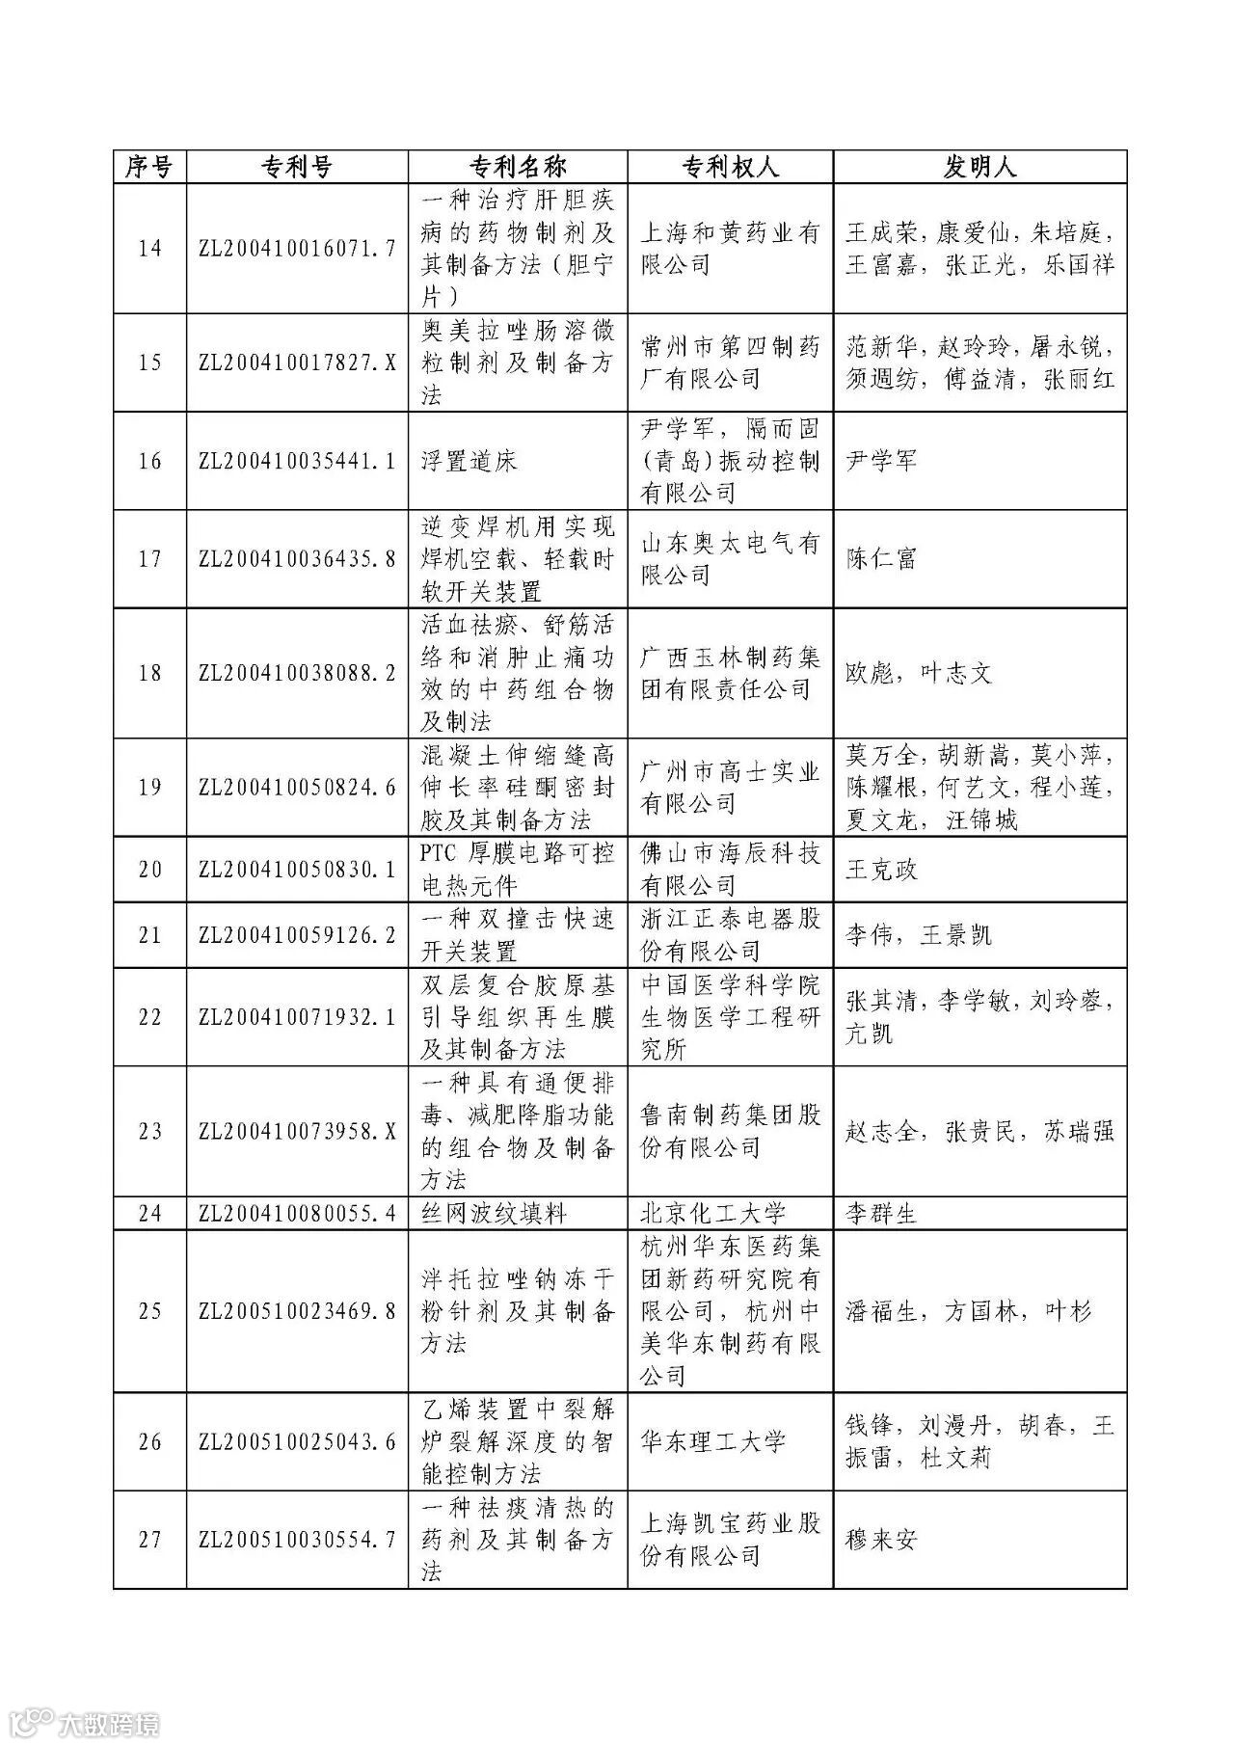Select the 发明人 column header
pyautogui.click(x=979, y=167)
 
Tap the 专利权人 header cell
pyautogui.click(x=730, y=167)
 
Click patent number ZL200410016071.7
pyautogui.click(x=297, y=249)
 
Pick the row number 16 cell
pyautogui.click(x=149, y=461)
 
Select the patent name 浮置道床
pyautogui.click(x=469, y=461)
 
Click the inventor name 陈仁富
pyautogui.click(x=881, y=558)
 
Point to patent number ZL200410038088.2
pyautogui.click(x=297, y=673)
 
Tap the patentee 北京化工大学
pyautogui.click(x=713, y=1213)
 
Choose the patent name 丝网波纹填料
pyautogui.click(x=494, y=1213)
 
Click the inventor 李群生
pyautogui.click(x=881, y=1213)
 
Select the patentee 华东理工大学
pyautogui.click(x=713, y=1442)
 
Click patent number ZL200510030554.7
pyautogui.click(x=297, y=1540)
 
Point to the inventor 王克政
pyautogui.click(x=881, y=870)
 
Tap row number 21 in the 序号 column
pyautogui.click(x=149, y=935)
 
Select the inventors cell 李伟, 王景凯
pyautogui.click(x=918, y=935)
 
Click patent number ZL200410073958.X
pyautogui.click(x=297, y=1131)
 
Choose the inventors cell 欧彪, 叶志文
pyautogui.click(x=918, y=673)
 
